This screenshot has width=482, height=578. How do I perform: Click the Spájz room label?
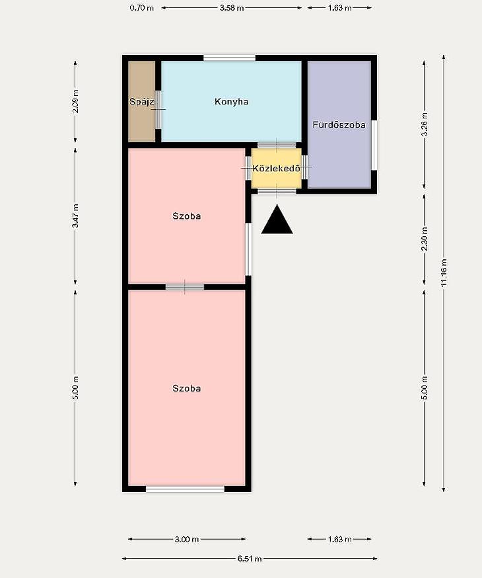pos(142,101)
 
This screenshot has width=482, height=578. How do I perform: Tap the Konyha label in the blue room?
pos(232,101)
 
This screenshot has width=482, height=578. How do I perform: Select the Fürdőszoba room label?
pos(339,124)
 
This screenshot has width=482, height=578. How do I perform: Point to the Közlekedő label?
pos(276,169)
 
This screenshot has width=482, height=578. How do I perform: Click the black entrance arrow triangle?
pos(277,220)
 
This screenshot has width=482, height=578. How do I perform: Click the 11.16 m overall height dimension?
pos(444,272)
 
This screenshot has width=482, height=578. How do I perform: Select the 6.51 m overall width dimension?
pos(250,558)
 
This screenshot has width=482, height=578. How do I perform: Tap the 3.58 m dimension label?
pos(232,7)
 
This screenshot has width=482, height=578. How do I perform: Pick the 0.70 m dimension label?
pos(142,7)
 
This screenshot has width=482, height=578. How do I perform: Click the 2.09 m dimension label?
pos(75,101)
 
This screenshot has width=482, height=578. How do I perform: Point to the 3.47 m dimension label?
pos(75,216)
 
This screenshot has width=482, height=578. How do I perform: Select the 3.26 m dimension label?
pos(425,124)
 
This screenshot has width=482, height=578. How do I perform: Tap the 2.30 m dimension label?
pos(425,239)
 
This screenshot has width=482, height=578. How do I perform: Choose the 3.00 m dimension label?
pos(187,539)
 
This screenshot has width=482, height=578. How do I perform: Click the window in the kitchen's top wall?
pos(230,58)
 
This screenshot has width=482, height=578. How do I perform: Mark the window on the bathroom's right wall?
pos(374,145)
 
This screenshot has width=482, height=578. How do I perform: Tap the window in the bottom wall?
pos(185,489)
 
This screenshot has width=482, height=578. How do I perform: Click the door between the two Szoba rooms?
pos(185,287)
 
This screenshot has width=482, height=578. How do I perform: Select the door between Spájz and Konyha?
pos(158,110)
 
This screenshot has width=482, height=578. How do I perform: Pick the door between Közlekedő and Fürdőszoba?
pos(304,167)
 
